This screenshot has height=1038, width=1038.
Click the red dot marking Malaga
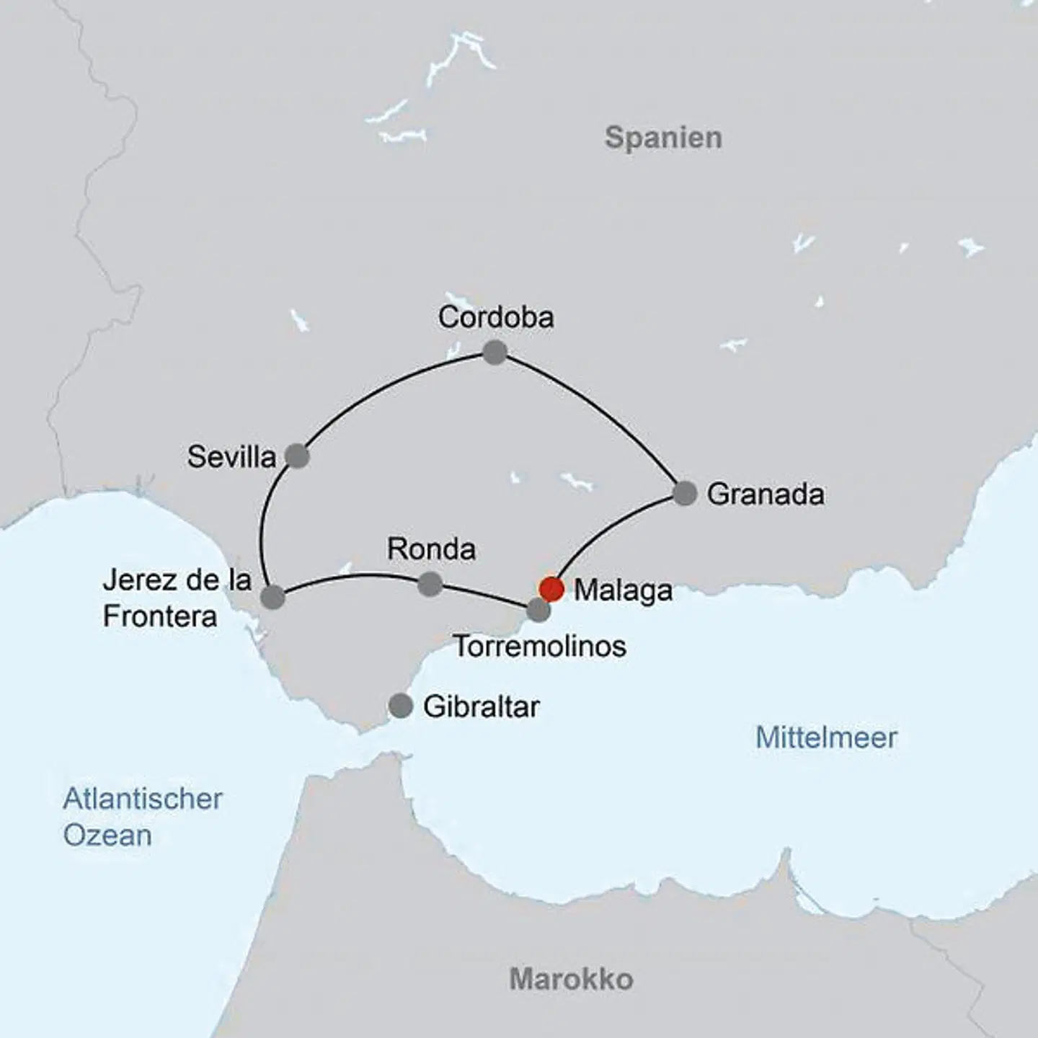[551, 589]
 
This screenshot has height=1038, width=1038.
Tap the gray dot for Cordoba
[494, 352]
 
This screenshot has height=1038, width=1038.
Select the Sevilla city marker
[297, 456]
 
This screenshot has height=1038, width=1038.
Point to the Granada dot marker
[685, 493]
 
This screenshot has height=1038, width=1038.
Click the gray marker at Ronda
[430, 584]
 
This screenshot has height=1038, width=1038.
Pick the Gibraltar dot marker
[401, 706]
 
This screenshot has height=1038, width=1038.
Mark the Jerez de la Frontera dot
[272, 597]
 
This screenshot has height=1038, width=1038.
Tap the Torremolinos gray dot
[538, 611]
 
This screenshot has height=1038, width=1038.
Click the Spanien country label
[663, 138]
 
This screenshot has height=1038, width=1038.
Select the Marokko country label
[571, 979]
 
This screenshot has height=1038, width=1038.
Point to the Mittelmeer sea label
[826, 737]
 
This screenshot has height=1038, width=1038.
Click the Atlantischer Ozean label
[142, 817]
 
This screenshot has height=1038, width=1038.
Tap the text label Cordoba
[496, 317]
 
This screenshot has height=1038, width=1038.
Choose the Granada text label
[766, 494]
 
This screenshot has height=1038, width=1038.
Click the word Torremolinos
[540, 646]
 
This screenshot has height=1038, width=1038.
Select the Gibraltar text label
[482, 706]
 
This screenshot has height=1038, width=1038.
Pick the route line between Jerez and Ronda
[353, 575]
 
